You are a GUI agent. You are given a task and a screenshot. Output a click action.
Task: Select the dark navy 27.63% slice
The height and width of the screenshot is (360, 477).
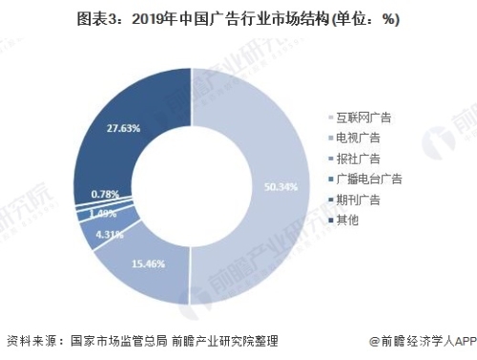114,143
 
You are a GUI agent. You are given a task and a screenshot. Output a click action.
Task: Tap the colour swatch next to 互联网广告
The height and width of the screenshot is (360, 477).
328,118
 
